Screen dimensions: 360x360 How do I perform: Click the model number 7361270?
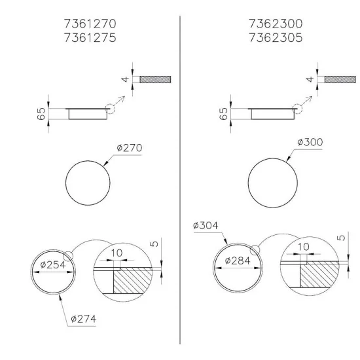coord(90,24)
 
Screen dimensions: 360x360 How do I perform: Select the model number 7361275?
coord(90,38)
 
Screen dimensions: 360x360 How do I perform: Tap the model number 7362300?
coord(276,24)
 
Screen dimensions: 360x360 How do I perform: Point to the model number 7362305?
coord(276,38)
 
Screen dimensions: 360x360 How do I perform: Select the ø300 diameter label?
coord(310,142)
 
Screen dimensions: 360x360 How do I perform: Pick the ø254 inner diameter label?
coord(52,265)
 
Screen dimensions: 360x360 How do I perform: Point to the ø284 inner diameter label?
coord(239,261)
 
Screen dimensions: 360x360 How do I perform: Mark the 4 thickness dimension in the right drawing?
coord(310,79)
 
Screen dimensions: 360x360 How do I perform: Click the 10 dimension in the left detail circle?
coord(117,253)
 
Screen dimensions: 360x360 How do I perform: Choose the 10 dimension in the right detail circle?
coord(303,246)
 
